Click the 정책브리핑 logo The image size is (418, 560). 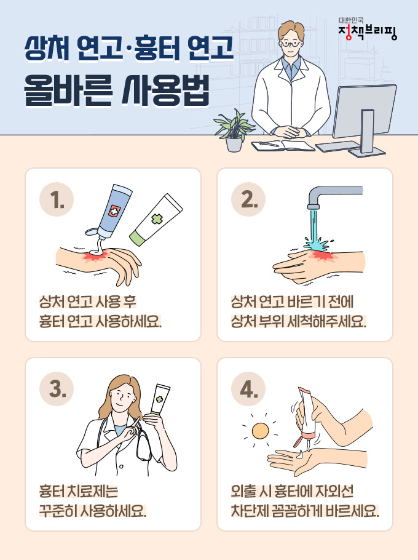pos(368,29)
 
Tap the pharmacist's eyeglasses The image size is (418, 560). pos(292,44)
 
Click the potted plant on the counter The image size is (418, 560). pos(234,130)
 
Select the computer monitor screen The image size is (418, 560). pos(365,111)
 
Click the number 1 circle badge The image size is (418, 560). pos(57,199)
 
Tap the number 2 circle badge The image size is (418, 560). pos(248,199)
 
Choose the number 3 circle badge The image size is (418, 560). pos(57,388)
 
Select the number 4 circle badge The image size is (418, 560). pos(248,388)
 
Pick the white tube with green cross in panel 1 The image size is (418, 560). pos(156,219)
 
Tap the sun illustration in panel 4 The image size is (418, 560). pos(260,431)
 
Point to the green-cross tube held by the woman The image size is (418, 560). pos(160,399)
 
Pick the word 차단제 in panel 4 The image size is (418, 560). pos(250,511)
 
